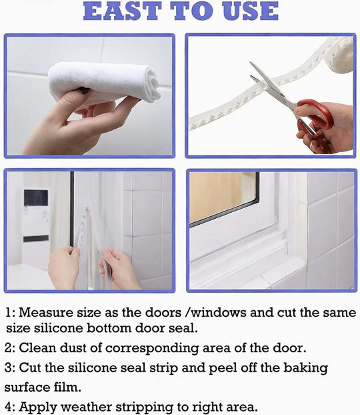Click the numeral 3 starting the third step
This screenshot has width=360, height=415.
coord(8,367)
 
